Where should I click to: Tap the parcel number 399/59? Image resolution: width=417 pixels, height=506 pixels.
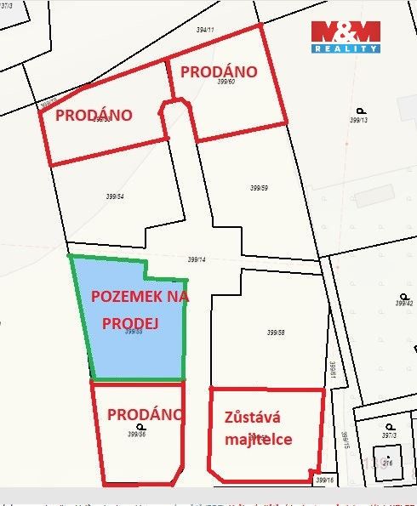point(260,188)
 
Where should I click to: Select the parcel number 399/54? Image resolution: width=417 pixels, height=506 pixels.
point(115,196)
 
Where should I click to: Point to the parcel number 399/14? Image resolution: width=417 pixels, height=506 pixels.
point(197,259)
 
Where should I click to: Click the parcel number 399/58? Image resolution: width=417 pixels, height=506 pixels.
point(275,333)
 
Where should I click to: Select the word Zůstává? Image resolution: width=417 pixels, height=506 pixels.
point(252,418)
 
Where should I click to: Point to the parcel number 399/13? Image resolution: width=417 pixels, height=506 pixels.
point(357,120)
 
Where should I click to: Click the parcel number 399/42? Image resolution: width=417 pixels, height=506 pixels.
point(404,303)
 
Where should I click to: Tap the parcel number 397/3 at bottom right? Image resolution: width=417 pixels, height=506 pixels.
point(390,435)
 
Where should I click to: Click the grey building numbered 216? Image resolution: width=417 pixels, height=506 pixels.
point(387,463)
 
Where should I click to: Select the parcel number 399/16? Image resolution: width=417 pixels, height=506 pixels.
point(324,480)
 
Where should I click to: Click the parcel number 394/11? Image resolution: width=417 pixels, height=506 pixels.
point(205,30)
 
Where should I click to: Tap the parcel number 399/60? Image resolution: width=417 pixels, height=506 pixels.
point(226,82)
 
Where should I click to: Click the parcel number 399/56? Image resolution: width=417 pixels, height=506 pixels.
point(136,434)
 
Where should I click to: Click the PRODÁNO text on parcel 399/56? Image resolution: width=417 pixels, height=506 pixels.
point(145,415)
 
